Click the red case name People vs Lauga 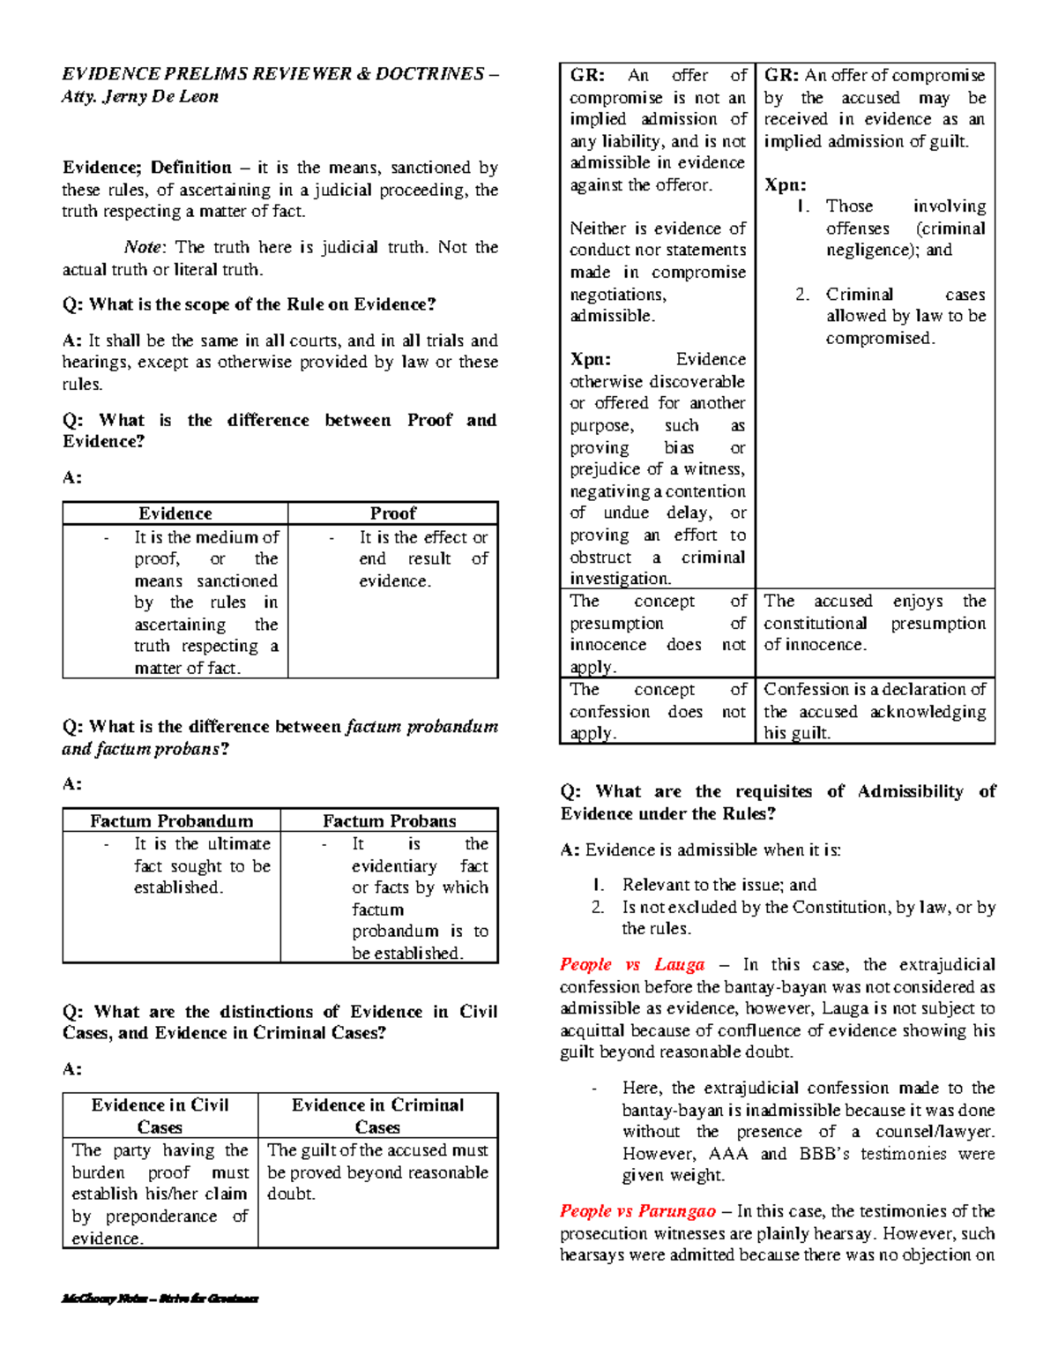point(632,964)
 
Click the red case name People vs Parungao point(637,1211)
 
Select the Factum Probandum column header point(171,820)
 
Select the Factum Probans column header point(389,820)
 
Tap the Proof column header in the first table point(392,513)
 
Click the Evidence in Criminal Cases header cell point(377,1116)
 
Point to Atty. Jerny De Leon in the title point(139,97)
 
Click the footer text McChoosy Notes point(159,1299)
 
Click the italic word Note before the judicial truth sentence point(142,248)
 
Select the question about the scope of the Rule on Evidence point(249,304)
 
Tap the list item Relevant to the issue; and point(719,885)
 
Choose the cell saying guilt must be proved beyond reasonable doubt point(377,1172)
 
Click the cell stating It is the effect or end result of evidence point(422,559)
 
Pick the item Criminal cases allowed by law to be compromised point(905,316)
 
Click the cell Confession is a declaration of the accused point(874,711)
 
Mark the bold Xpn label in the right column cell point(785,185)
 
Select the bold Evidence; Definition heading point(146,168)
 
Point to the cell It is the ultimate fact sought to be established point(201,865)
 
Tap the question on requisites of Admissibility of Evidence point(778,802)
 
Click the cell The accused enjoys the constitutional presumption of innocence point(874,623)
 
